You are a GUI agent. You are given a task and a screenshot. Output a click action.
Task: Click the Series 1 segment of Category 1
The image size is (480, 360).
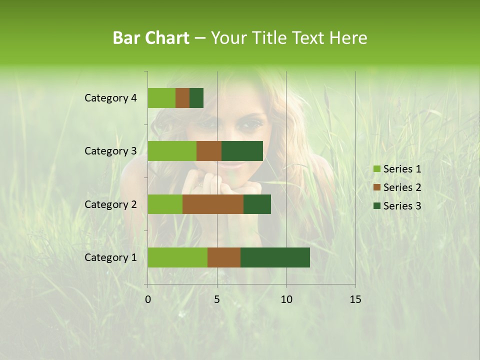pyautogui.click(x=177, y=257)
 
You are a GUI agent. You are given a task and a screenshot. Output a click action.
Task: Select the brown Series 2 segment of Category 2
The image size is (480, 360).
pyautogui.click(x=213, y=204)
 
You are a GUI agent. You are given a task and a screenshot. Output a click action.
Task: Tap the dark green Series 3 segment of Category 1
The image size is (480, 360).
pyautogui.click(x=275, y=257)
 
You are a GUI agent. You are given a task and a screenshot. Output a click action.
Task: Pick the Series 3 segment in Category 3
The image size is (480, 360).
pyautogui.click(x=242, y=151)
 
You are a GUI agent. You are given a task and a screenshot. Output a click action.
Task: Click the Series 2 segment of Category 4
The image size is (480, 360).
pyautogui.click(x=182, y=98)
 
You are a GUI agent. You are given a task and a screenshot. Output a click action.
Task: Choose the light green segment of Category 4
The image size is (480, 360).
pyautogui.click(x=161, y=98)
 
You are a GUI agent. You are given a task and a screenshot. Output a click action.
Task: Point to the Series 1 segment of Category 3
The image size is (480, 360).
pyautogui.click(x=172, y=151)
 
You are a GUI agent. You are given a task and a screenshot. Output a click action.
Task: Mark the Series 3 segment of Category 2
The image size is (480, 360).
pyautogui.click(x=257, y=204)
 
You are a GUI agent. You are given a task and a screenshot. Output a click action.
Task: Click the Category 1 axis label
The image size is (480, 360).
pyautogui.click(x=110, y=257)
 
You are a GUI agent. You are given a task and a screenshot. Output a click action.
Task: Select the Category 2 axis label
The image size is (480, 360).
pyautogui.click(x=110, y=204)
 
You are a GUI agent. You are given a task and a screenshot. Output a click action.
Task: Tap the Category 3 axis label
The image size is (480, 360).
pyautogui.click(x=110, y=151)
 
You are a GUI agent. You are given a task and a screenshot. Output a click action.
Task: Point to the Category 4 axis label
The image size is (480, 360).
pyautogui.click(x=110, y=98)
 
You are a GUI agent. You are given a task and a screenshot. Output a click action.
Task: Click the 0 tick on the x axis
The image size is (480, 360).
pyautogui.click(x=148, y=299)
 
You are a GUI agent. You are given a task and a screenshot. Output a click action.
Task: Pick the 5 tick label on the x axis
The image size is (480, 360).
pyautogui.click(x=217, y=299)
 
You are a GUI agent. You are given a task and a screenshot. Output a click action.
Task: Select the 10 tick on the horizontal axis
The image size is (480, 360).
pyautogui.click(x=286, y=299)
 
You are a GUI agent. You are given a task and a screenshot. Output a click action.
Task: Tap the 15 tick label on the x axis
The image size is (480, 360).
pyautogui.click(x=355, y=299)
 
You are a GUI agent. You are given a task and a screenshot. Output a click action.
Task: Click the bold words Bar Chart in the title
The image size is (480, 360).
pyautogui.click(x=151, y=38)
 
